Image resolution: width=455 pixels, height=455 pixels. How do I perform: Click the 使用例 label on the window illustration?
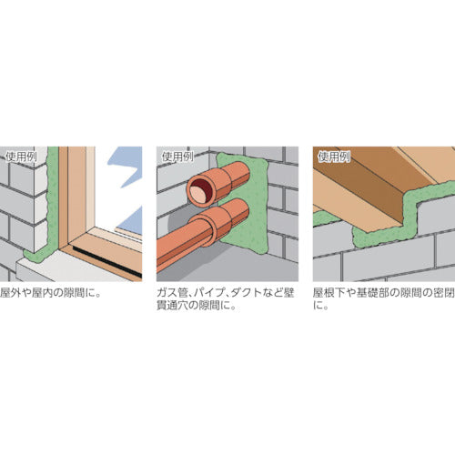tap(20, 155)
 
